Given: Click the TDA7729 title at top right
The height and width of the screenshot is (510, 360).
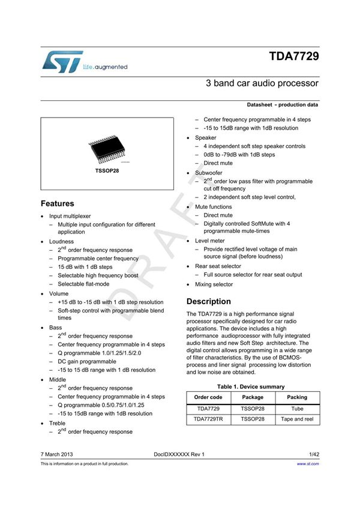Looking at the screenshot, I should [x=293, y=58].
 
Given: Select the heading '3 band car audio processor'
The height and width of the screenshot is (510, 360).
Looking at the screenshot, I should [x=262, y=83].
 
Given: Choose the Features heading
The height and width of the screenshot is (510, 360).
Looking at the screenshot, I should [x=58, y=203].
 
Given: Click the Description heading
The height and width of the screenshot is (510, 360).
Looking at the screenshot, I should [x=208, y=301].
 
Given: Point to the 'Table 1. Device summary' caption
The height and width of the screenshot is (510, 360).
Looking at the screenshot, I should [x=251, y=386].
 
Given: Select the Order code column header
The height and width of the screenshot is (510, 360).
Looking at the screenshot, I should [x=208, y=397].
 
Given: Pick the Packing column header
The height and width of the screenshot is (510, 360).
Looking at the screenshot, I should [x=297, y=397].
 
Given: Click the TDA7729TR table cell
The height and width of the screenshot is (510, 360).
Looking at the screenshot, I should [x=208, y=419].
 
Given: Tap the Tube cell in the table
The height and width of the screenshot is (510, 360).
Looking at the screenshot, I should [x=297, y=408].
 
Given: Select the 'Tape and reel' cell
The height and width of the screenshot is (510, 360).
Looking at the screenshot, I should [x=297, y=419].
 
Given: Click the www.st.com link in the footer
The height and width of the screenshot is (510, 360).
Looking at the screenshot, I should [x=308, y=464].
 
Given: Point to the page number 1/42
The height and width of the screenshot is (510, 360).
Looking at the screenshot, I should [x=313, y=454].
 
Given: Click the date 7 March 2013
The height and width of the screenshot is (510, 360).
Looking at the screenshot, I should [x=57, y=454].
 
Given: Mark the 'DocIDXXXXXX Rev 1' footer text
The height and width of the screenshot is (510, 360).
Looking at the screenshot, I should [x=179, y=454].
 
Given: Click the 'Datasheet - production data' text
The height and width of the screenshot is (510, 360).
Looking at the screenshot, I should [x=282, y=105].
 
